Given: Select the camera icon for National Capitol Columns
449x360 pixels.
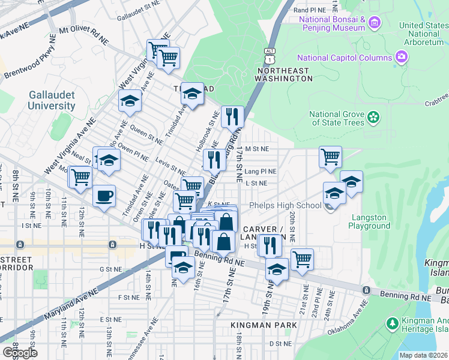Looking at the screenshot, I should pos(402,58).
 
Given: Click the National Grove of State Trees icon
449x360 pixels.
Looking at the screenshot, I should pos(374,116).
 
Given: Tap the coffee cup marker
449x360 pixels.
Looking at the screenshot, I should pos(104,196).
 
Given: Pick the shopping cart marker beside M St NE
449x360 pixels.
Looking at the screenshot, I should pos(330,157).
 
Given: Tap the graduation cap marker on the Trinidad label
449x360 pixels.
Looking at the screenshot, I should pos(192,94).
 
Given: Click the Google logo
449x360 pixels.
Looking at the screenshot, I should pos(20,353).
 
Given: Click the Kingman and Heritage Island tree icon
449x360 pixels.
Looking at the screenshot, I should pos(392,325).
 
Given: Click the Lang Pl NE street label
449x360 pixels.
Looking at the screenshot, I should pos(260,171).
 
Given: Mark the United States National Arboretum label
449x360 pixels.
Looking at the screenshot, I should pos(424,34).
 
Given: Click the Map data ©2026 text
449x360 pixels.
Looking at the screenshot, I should pos(423,355).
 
